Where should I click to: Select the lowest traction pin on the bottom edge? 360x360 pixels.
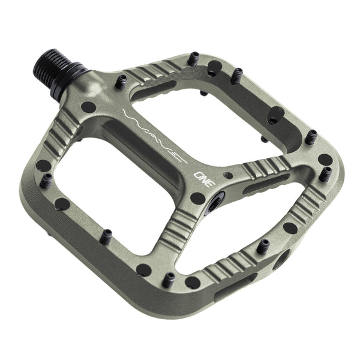pos(170,278)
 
